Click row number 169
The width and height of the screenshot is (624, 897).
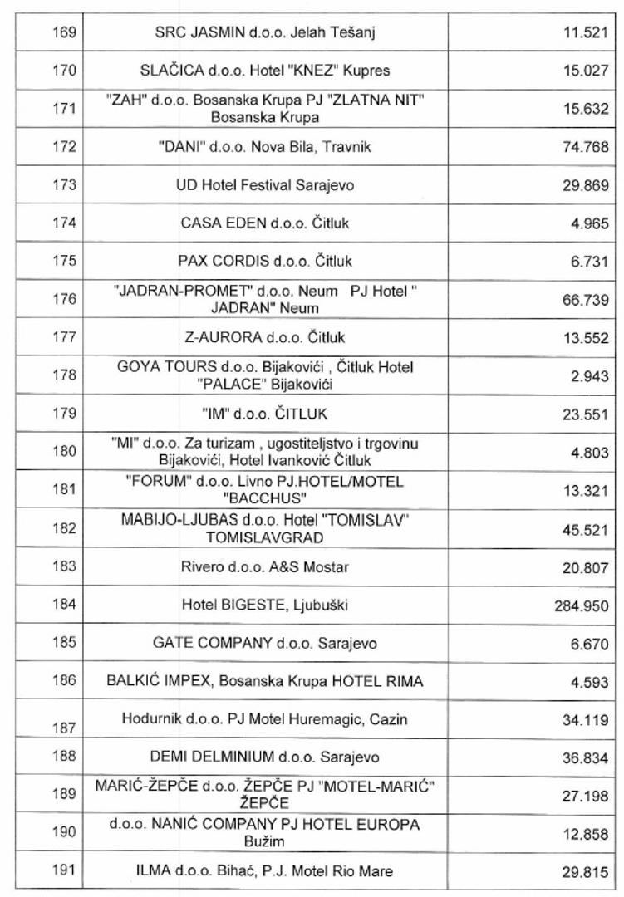pyautogui.click(x=64, y=32)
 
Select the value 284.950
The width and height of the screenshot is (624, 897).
pyautogui.click(x=582, y=606)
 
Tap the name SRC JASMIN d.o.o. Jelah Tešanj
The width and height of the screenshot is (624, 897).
pyautogui.click(x=266, y=32)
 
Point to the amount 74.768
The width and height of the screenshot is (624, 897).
pyautogui.click(x=586, y=148)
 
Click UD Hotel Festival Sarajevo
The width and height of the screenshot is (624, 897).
pyautogui.click(x=265, y=185)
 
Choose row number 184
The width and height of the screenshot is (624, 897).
pyautogui.click(x=64, y=605)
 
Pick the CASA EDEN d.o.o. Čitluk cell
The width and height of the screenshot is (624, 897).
pyautogui.click(x=265, y=223)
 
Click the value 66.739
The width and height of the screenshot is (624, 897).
pyautogui.click(x=586, y=300)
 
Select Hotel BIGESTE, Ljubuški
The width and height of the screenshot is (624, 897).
pyautogui.click(x=265, y=605)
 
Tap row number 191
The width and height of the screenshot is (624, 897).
pyautogui.click(x=64, y=870)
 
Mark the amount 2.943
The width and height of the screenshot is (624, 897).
pyautogui.click(x=590, y=376)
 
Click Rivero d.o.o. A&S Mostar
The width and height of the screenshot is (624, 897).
pyautogui.click(x=265, y=567)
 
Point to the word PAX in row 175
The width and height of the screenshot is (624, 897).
pyautogui.click(x=193, y=261)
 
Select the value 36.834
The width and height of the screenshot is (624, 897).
pyautogui.click(x=586, y=758)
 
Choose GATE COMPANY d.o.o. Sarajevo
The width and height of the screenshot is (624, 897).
pyautogui.click(x=265, y=643)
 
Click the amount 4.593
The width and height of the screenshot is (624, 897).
pyautogui.click(x=590, y=683)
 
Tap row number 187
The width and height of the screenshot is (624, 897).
pyautogui.click(x=64, y=728)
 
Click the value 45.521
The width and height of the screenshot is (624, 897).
pyautogui.click(x=586, y=530)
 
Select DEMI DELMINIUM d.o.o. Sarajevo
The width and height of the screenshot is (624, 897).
pyautogui.click(x=265, y=757)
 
